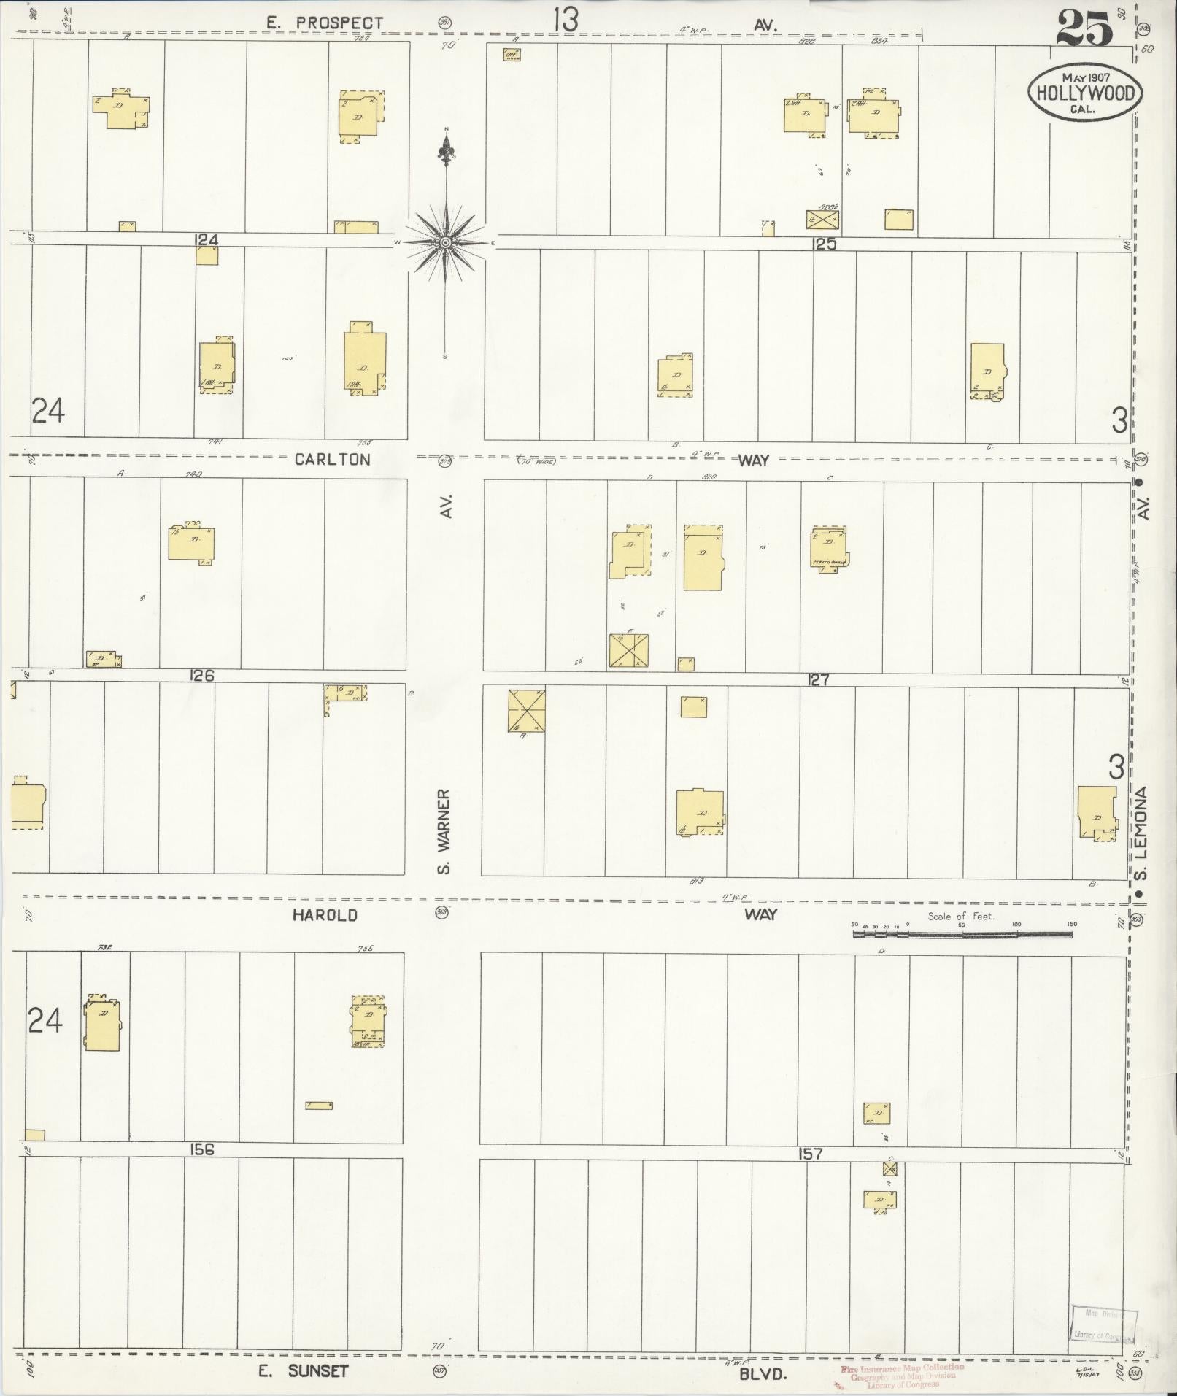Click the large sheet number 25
tap(1084, 29)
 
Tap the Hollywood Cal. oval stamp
tap(1085, 93)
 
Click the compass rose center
tap(445, 242)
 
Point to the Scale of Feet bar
tap(962, 933)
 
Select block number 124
tap(207, 240)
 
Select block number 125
tap(824, 244)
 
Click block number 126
tap(201, 676)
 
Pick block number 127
tap(818, 680)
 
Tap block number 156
tap(201, 1149)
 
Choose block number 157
tap(810, 1154)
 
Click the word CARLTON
tap(332, 459)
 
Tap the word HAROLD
tap(325, 915)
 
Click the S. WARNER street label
tap(444, 830)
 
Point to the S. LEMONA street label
tap(1143, 832)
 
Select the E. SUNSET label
tap(304, 1370)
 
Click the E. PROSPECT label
tap(324, 23)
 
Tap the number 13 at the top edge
tap(566, 20)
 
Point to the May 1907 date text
tap(1085, 77)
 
